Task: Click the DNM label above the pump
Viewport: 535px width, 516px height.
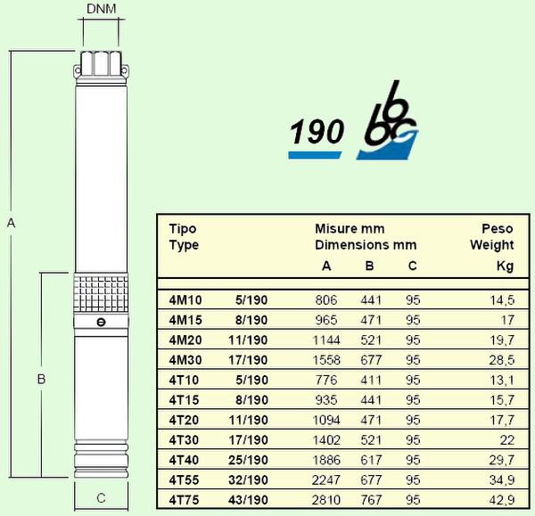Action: tap(102, 9)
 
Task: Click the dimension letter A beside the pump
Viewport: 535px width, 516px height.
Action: tap(12, 223)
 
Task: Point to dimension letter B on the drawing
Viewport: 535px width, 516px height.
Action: tap(41, 379)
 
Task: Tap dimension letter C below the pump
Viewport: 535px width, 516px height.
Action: tap(101, 498)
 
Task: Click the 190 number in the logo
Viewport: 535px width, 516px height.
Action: tap(317, 132)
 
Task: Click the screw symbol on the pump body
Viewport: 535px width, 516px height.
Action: tap(101, 322)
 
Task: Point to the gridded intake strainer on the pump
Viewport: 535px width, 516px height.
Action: tap(101, 293)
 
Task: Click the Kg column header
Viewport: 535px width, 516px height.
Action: tap(505, 266)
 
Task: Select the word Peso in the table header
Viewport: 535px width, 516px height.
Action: tap(498, 228)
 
